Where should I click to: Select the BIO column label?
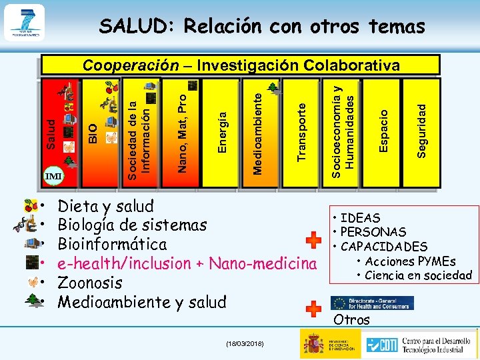[94, 131]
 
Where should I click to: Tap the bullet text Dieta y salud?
[106, 206]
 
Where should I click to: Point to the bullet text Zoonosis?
[90, 283]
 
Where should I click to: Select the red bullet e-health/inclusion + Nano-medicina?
[187, 263]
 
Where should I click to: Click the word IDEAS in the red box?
[360, 218]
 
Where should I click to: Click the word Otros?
[351, 319]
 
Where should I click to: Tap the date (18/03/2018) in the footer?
[245, 343]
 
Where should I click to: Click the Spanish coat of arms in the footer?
[313, 343]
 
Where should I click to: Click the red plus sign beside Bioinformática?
[313, 242]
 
